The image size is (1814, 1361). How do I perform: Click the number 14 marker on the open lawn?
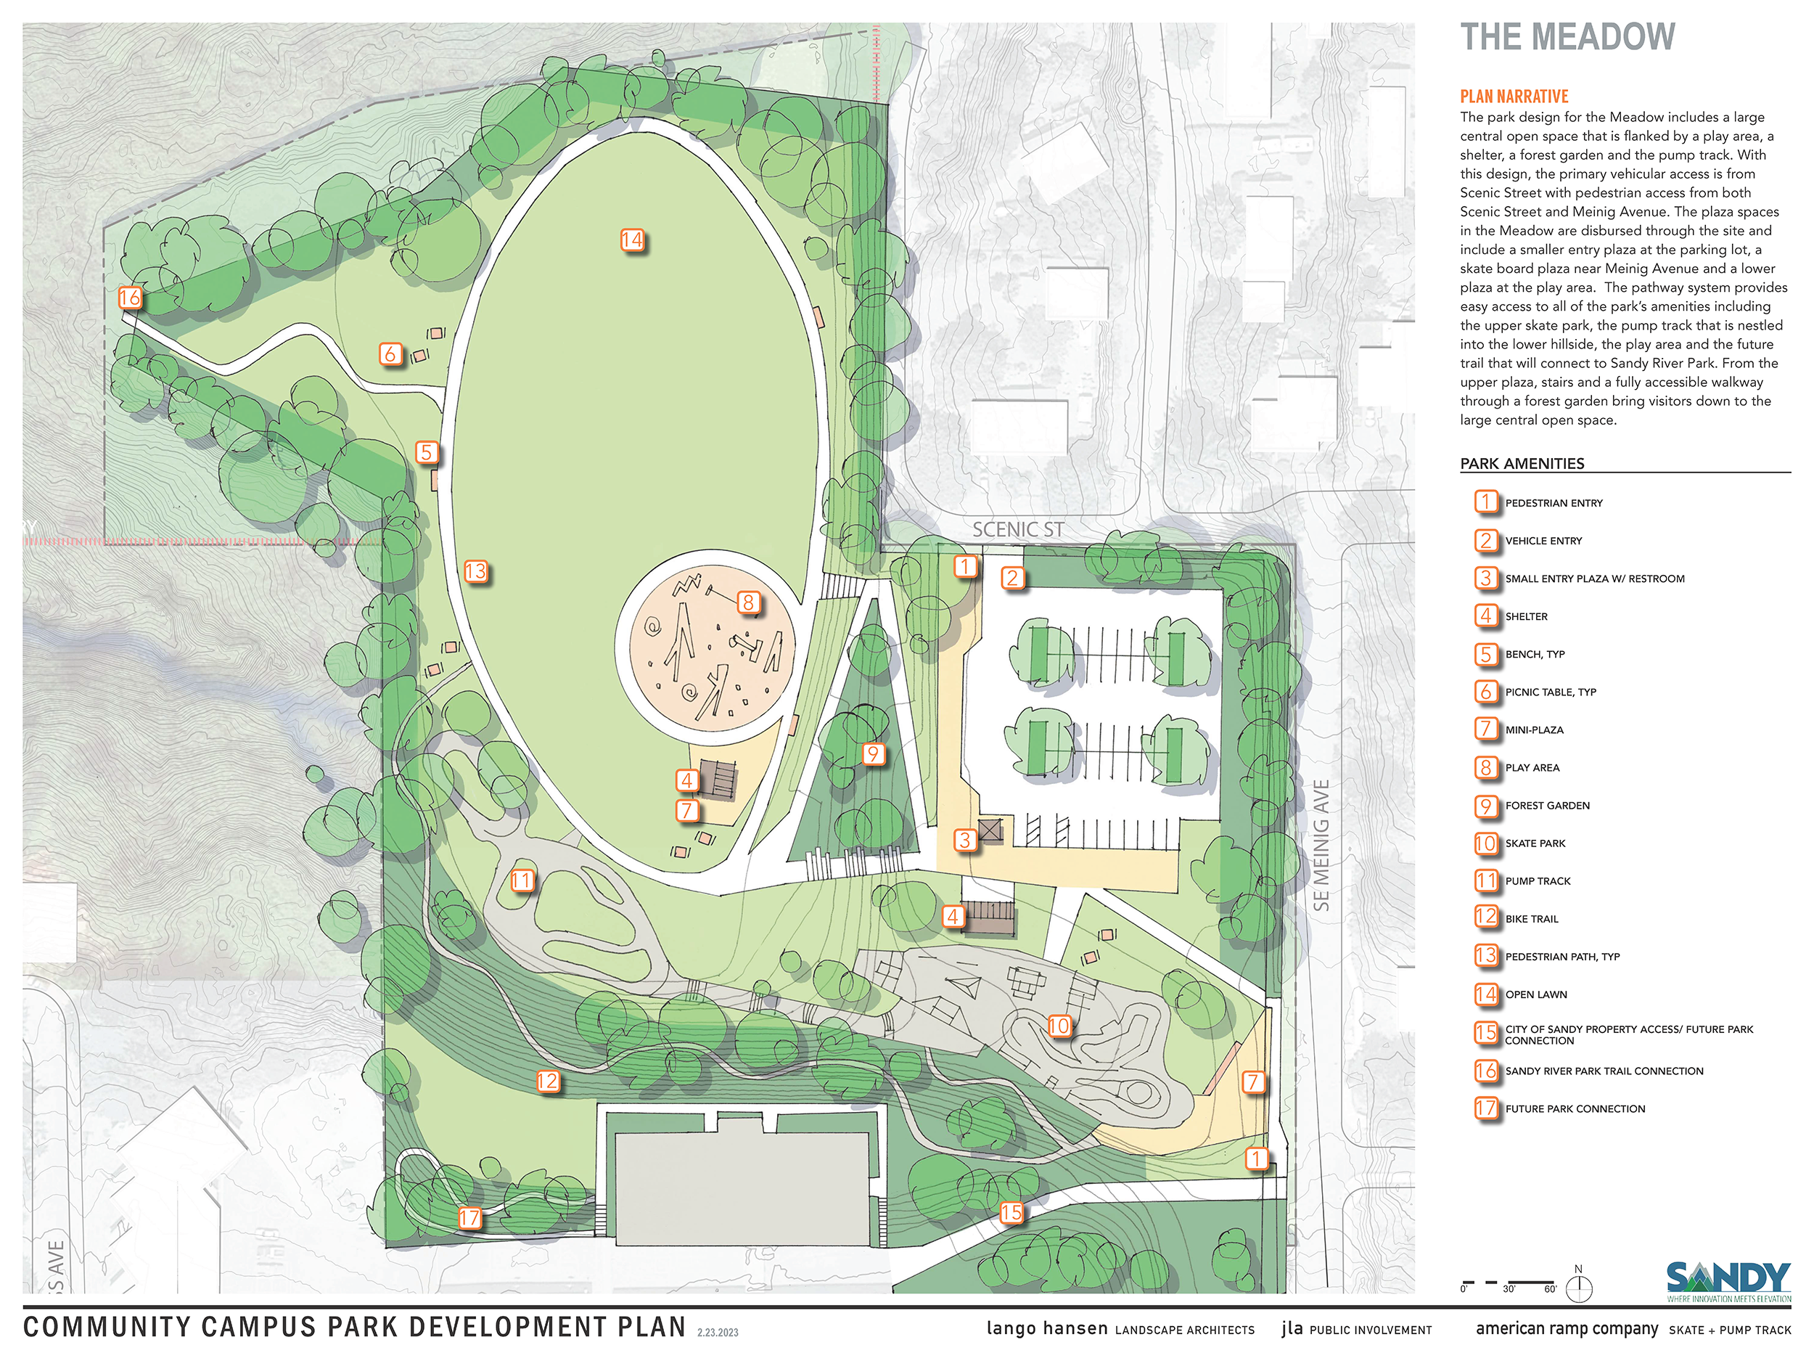631,240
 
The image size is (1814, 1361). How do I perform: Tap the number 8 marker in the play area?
747,602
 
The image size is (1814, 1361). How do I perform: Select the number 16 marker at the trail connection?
130,298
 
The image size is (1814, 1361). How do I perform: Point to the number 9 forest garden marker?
873,754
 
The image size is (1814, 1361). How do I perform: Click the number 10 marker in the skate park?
1059,1026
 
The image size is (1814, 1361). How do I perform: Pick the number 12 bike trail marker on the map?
547,1082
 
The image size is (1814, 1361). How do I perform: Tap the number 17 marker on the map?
469,1217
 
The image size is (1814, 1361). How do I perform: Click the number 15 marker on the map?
1011,1211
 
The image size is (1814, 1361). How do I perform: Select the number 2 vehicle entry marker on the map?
1012,579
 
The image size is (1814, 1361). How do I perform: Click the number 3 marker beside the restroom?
965,839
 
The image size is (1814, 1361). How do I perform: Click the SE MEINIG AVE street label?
1321,845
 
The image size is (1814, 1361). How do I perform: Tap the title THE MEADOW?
1567,38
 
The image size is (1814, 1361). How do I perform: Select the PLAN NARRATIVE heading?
1514,96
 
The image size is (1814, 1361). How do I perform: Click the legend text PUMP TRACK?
1538,881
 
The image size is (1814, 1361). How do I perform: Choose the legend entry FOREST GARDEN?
1547,806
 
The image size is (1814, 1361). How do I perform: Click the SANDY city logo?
1728,1280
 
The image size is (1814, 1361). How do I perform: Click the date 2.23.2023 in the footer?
718,1332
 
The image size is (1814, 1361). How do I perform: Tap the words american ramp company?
1567,1328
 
